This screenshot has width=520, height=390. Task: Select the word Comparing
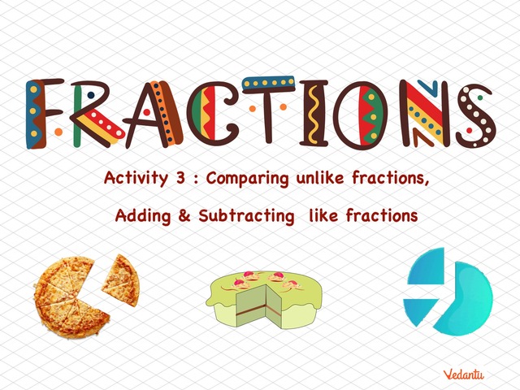243,179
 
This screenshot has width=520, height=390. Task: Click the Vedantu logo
465,374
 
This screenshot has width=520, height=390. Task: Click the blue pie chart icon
448,292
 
